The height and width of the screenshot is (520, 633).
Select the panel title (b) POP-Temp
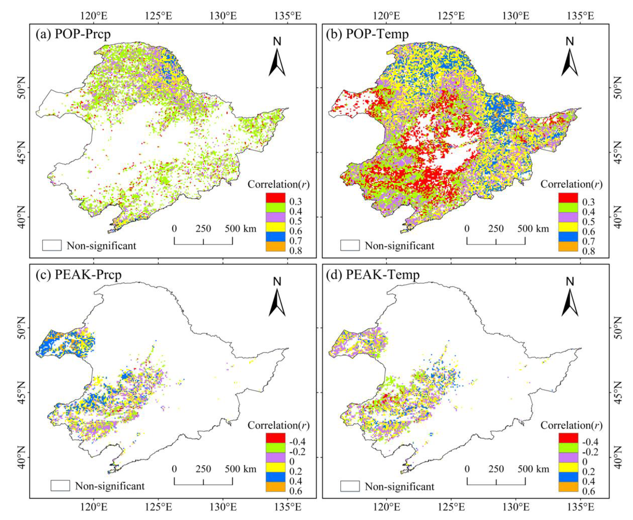pos(377,34)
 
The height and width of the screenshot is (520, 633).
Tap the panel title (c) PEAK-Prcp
pos(78,274)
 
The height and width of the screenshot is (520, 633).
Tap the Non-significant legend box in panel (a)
pos(52,245)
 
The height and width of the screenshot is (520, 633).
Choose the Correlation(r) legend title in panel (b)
pos(571,184)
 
